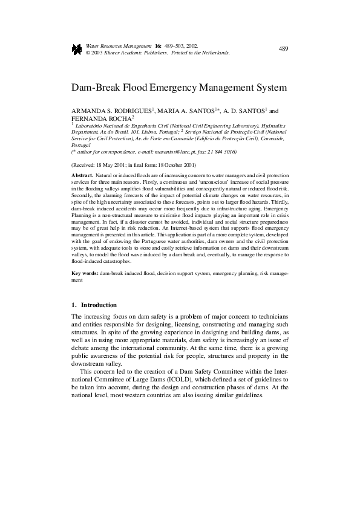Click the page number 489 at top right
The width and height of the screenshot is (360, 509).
click(284, 48)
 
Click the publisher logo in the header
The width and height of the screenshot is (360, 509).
click(77, 50)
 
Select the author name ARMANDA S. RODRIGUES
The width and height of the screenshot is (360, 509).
click(113, 111)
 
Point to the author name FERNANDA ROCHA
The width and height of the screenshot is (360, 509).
click(96, 119)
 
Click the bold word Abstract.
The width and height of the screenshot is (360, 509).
click(82, 174)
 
